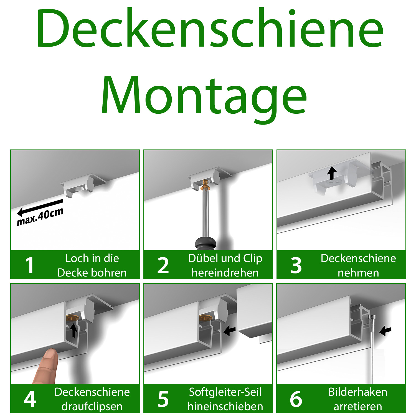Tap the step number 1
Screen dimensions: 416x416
pos(29,265)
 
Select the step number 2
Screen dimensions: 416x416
pos(163,265)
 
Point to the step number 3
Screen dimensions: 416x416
pos(296,265)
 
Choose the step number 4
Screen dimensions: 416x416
pos(30,399)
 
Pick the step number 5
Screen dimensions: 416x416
pos(163,399)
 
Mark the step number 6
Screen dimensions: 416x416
pos(296,399)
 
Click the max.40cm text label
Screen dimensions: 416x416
pos(40,217)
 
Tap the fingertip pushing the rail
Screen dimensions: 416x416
pos(50,356)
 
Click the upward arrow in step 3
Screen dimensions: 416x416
pos(332,173)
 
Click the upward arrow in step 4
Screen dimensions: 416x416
pos(73,330)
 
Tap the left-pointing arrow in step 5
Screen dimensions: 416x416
pos(229,330)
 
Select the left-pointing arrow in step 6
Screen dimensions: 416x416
pos(385,330)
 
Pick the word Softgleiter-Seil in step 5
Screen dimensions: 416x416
pos(225,392)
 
